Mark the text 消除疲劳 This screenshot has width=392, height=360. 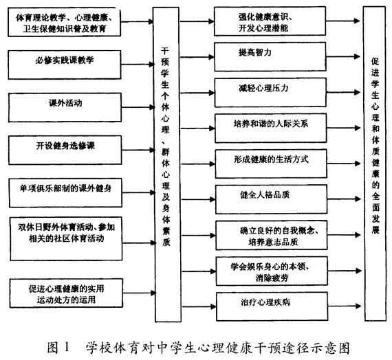[272, 278]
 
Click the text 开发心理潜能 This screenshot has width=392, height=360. [263, 27]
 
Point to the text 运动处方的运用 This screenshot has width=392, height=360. [66, 300]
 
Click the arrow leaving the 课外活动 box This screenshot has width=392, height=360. [138, 107]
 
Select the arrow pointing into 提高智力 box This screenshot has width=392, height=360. [197, 57]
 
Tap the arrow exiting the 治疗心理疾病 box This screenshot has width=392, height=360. [345, 306]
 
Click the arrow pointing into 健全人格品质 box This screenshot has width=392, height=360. [199, 199]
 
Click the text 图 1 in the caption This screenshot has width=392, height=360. [58, 348]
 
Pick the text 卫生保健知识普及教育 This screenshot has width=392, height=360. [65, 29]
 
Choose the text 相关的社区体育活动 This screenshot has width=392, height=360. [66, 238]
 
